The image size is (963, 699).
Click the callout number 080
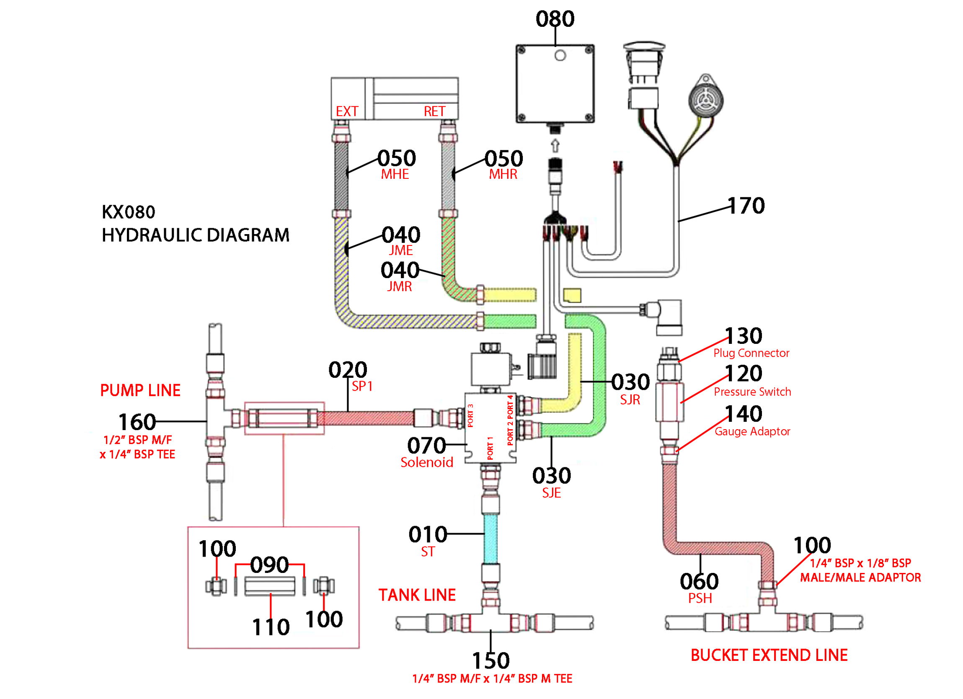pos(555,19)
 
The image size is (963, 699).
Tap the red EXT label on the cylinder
pos(347,111)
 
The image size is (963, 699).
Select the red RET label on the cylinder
pos(434,111)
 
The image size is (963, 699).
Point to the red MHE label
pos(395,174)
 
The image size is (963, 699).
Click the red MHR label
pos(503,174)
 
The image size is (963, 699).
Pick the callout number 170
pos(746,206)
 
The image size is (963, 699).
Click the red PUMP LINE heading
pos(140,390)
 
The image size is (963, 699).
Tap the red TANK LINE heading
pos(417,595)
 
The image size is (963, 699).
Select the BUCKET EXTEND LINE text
pos(769,655)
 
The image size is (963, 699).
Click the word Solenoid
pos(427,462)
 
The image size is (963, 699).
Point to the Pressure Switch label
pos(752,392)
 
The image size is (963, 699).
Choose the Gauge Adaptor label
pos(752,431)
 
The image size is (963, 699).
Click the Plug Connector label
pos(751,353)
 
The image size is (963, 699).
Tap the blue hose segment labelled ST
pos(491,539)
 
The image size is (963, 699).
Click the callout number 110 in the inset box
pos(271,627)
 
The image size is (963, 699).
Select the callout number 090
pos(269,565)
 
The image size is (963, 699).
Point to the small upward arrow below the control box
pos(555,146)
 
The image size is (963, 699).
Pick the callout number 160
pos(137,422)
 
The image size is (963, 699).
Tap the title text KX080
pos(128,212)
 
